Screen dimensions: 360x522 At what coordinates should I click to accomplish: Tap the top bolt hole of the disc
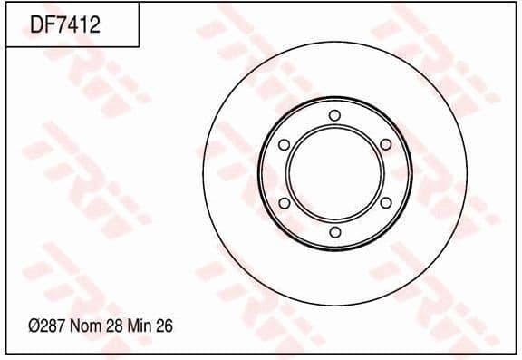[x=334, y=114]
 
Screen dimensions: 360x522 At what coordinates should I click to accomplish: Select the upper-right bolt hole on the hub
[x=385, y=144]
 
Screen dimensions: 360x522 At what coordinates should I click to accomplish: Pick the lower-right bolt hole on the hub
[x=385, y=203]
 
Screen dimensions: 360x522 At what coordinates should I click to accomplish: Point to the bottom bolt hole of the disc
[x=334, y=233]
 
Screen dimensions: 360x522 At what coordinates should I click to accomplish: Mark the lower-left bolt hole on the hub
[x=284, y=203]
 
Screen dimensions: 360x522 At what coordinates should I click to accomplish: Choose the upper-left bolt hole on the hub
[x=284, y=144]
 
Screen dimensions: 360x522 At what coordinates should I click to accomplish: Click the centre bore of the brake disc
[x=334, y=173]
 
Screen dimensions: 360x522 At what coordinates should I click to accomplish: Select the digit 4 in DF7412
[x=71, y=24]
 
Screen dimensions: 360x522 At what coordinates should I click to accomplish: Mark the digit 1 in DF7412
[x=82, y=24]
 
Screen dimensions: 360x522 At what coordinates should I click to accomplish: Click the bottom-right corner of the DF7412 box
[x=140, y=46]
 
